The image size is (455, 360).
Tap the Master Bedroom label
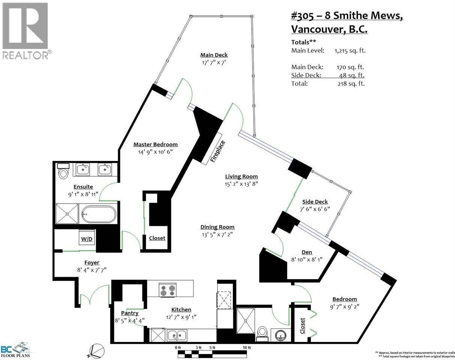(x=155, y=144)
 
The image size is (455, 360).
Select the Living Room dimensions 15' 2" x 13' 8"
(x=241, y=184)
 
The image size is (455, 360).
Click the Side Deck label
(x=315, y=202)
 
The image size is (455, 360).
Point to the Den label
(x=306, y=252)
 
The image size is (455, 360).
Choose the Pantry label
(x=129, y=313)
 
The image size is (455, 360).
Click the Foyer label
(x=92, y=262)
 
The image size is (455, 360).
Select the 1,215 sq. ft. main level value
(x=350, y=50)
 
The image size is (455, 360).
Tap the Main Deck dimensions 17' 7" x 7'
(x=214, y=63)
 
